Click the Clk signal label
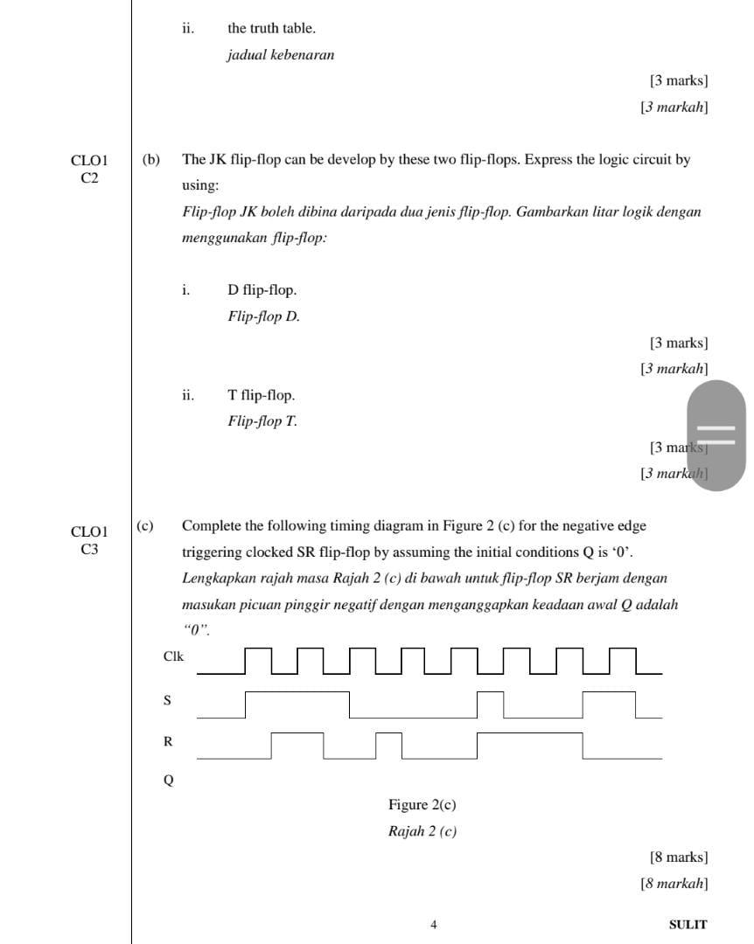pos(173,656)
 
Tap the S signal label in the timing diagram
pos(168,700)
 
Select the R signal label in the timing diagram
pos(168,741)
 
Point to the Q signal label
pos(168,781)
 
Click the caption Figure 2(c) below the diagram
pos(422,804)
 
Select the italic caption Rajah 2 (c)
pos(422,831)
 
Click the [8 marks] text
pos(679,857)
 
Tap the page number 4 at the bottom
pos(434,924)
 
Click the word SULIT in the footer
pos(688,924)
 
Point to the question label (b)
pos(152,160)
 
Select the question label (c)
pos(144,526)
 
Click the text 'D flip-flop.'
pos(262,290)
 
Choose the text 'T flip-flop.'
pos(262,395)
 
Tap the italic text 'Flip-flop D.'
pos(263,316)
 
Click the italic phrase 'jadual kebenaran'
pos(281,55)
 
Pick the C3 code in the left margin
pos(89,549)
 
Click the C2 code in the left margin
pos(89,178)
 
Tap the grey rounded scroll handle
pos(716,434)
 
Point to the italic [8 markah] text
pos(674,884)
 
